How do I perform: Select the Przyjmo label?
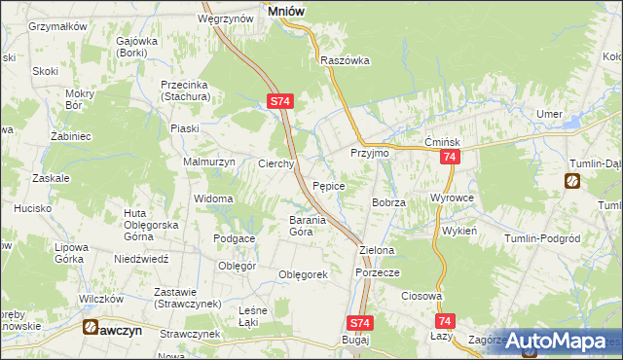(x=369, y=154)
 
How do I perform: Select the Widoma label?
(x=213, y=199)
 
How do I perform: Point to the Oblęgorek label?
(x=303, y=274)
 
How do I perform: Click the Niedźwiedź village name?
(x=141, y=260)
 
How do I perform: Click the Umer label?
(x=549, y=115)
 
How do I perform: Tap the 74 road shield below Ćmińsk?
(x=449, y=158)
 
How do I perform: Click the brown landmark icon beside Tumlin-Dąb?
(x=572, y=181)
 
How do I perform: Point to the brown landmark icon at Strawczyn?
(x=91, y=328)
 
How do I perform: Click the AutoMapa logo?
(x=556, y=341)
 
